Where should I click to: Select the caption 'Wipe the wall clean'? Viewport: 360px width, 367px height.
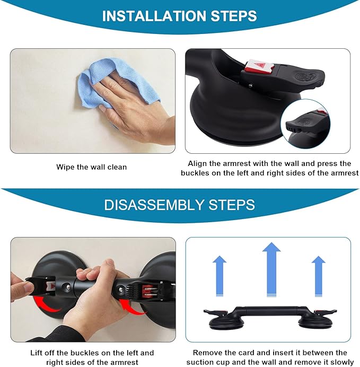pos(92,167)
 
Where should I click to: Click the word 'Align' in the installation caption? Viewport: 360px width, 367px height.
pos(199,164)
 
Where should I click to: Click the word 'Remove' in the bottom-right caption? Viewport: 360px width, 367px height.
pos(207,353)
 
